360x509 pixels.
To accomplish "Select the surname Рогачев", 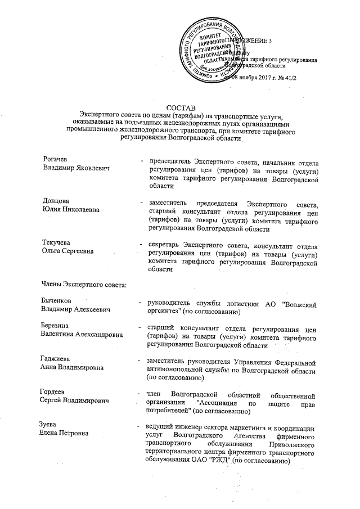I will [x=58, y=159].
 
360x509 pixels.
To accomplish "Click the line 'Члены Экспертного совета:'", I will [x=84, y=283].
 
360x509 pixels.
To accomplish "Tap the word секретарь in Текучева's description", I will [x=164, y=246].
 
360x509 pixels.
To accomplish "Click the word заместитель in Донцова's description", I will [x=166, y=202].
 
